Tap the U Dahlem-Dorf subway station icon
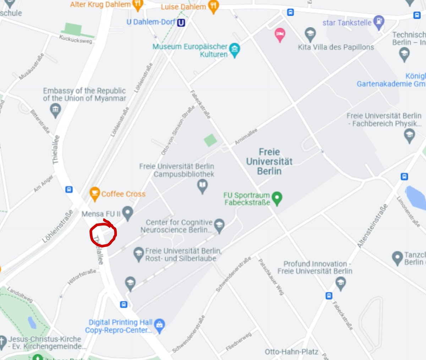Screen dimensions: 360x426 (181, 23)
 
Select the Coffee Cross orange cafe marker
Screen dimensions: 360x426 (94, 193)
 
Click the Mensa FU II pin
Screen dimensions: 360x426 (127, 213)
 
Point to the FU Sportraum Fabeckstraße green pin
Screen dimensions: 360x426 (277, 198)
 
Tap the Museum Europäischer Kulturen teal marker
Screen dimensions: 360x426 (234, 49)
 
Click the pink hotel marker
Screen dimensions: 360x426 (280, 35)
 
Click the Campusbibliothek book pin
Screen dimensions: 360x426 (202, 186)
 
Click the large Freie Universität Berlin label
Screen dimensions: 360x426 (269, 162)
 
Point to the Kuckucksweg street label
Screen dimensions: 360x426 (75, 39)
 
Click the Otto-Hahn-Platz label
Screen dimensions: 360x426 (291, 351)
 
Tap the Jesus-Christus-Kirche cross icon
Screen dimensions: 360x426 (3, 341)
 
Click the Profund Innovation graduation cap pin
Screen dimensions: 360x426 (340, 283)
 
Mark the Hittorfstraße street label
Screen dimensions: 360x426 (82, 277)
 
